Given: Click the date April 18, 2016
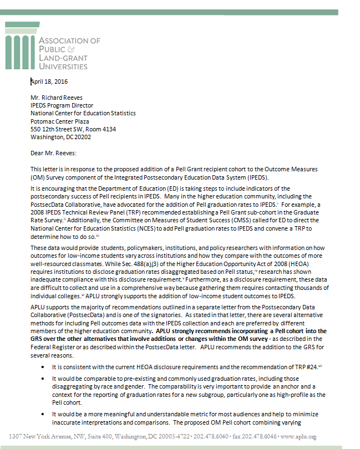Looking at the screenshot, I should [x=48, y=81].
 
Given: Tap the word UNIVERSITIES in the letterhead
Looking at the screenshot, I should [x=63, y=66].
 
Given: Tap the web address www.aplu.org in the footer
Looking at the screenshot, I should [x=299, y=436].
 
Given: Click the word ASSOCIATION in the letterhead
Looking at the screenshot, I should [x=70, y=40].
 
